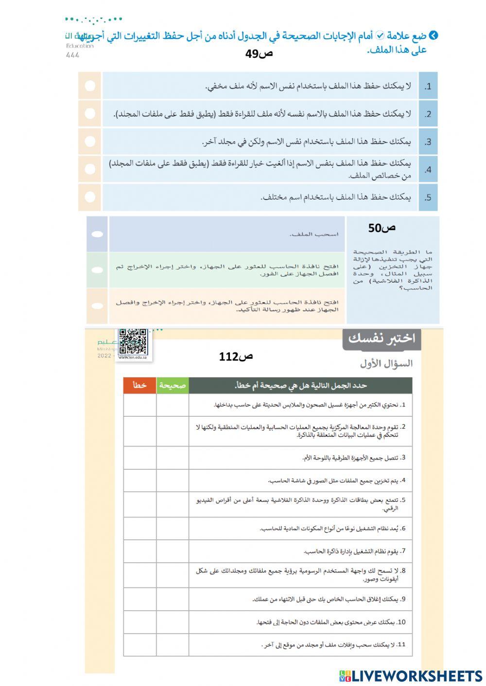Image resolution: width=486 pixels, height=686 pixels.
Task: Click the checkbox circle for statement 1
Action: (90, 86)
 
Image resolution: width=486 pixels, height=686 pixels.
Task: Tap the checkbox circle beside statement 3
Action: (90, 141)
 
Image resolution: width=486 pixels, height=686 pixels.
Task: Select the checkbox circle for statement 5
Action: (90, 197)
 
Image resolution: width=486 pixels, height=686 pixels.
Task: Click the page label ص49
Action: (259, 53)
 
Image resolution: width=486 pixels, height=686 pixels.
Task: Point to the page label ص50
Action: (382, 228)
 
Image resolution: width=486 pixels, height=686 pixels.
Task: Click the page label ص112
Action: (236, 357)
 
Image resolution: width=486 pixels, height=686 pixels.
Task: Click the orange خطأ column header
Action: (139, 385)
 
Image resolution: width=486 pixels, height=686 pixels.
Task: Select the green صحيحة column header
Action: (173, 385)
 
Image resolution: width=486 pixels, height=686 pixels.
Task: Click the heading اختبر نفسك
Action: (382, 339)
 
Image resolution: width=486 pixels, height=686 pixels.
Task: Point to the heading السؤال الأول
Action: (386, 363)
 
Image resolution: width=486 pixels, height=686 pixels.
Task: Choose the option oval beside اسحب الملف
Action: (97, 234)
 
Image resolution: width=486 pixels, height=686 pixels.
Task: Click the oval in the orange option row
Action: (97, 306)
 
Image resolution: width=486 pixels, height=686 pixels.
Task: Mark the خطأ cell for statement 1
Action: (139, 405)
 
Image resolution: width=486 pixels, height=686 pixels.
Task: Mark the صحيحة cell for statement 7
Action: (173, 551)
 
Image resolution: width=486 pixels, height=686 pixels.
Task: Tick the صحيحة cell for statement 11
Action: (173, 645)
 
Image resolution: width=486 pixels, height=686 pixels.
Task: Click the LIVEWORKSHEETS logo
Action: (411, 676)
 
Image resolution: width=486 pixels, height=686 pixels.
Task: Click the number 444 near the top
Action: (72, 55)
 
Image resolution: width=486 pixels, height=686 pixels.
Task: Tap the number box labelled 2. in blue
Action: (428, 114)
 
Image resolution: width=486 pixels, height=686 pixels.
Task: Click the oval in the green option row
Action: (97, 270)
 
